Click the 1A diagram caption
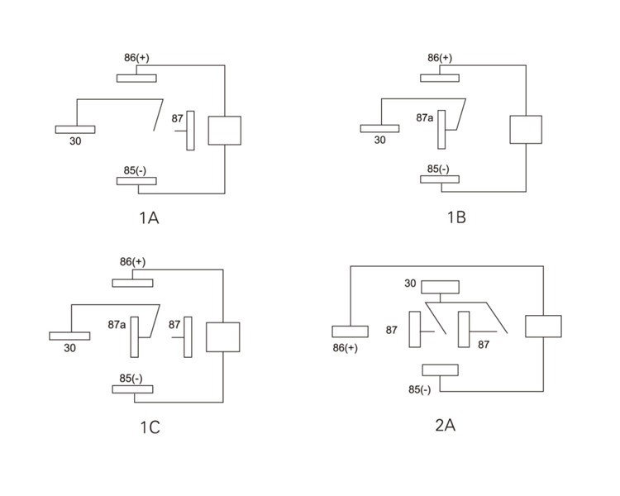[149, 219]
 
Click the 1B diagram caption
[455, 218]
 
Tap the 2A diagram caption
[445, 426]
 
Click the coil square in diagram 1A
[224, 131]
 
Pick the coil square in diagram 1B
[526, 130]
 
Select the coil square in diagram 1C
[222, 337]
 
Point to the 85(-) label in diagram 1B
[438, 169]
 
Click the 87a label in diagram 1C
[117, 324]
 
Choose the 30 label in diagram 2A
[410, 284]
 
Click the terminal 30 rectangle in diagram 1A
[75, 129]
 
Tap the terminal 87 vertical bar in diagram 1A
[190, 131]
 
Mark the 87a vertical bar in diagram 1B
[441, 131]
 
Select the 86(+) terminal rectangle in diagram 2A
[350, 331]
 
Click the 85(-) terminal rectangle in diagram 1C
[133, 389]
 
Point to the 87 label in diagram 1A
[177, 119]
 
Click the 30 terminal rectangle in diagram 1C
[69, 335]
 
